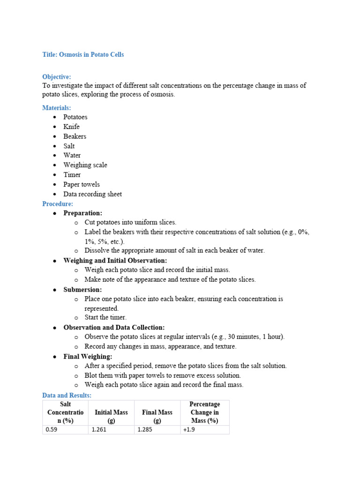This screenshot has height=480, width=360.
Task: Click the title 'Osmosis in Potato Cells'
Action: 83,54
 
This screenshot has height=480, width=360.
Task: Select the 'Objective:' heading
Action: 57,76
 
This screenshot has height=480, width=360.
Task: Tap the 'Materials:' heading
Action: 57,108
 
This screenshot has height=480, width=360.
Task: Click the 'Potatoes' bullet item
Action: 75,117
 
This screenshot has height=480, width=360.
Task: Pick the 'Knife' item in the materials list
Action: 72,127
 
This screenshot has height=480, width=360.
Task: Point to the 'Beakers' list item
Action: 75,136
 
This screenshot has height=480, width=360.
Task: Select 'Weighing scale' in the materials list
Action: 85,165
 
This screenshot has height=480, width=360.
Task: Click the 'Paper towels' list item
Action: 82,184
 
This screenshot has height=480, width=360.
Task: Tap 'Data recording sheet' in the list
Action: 93,194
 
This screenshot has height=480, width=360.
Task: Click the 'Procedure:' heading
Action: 58,204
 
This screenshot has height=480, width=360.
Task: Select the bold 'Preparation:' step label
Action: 83,213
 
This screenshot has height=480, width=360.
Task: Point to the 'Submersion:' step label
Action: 82,290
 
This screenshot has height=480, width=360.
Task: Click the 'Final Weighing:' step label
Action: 88,357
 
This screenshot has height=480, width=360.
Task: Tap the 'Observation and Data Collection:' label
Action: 114,328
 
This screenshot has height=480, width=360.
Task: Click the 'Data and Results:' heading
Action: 67,396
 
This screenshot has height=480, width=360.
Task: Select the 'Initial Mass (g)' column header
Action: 111,412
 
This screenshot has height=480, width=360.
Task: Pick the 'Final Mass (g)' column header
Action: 157,412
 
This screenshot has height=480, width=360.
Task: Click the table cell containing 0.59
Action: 65,429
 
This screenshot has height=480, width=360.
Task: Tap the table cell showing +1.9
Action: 205,429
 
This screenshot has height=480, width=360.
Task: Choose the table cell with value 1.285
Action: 157,429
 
